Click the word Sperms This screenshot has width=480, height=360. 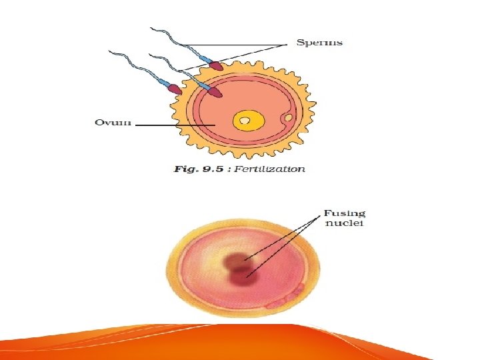pyautogui.click(x=319, y=42)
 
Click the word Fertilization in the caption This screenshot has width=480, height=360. pyautogui.click(x=273, y=169)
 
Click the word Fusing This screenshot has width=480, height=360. pyautogui.click(x=345, y=213)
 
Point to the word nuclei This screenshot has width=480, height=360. pyautogui.click(x=344, y=224)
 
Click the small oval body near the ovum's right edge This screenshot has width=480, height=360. pyautogui.click(x=289, y=119)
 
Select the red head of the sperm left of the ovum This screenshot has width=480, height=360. pyautogui.click(x=175, y=88)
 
